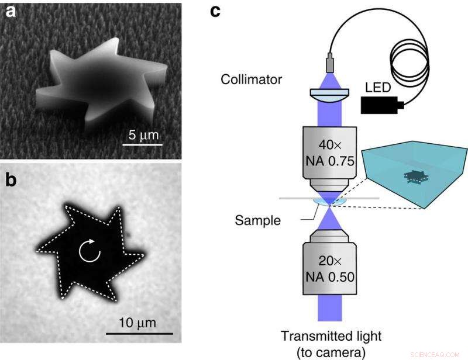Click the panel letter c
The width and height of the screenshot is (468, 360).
pyautogui.click(x=216, y=10)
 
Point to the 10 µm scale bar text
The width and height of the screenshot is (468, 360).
pyautogui.click(x=140, y=323)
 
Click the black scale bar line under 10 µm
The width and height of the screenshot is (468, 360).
pyautogui.click(x=140, y=333)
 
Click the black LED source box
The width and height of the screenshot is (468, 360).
pyautogui.click(x=381, y=105)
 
